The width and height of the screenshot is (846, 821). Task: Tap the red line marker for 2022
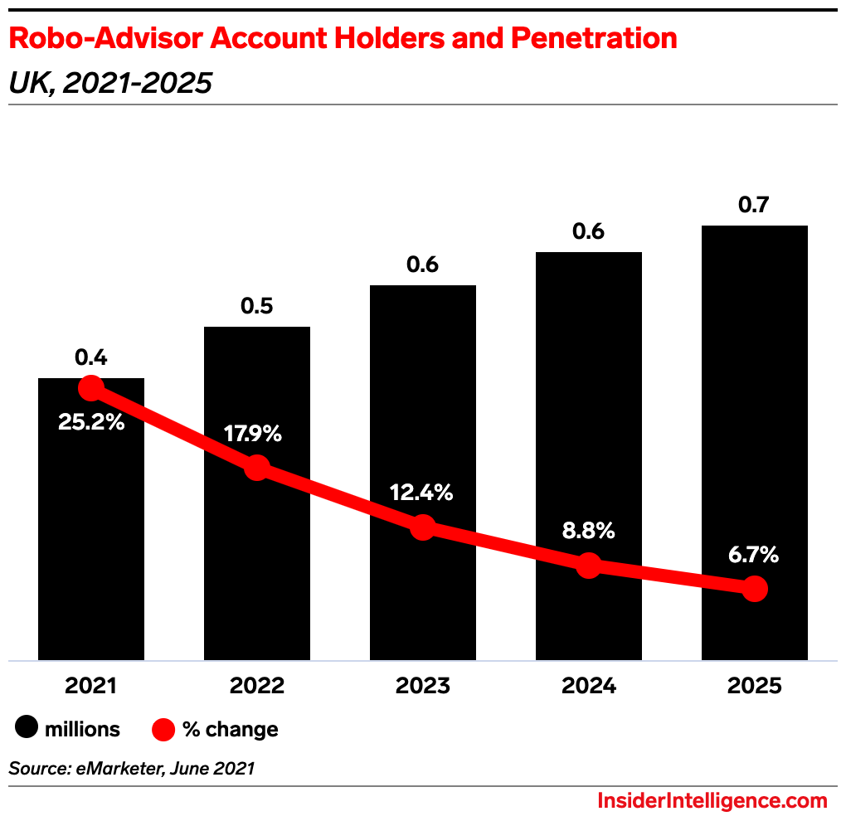pyautogui.click(x=257, y=467)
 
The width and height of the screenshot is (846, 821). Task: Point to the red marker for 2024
pyautogui.click(x=588, y=566)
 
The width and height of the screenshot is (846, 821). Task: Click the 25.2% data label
pyautogui.click(x=91, y=421)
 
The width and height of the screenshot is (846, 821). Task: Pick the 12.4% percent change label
pyautogui.click(x=422, y=493)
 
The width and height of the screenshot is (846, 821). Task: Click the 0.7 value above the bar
pyautogui.click(x=754, y=205)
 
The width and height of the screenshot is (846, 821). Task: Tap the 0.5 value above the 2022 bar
pyautogui.click(x=257, y=306)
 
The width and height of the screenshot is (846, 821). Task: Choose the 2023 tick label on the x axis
pyautogui.click(x=422, y=687)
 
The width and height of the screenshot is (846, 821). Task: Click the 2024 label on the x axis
pyautogui.click(x=588, y=687)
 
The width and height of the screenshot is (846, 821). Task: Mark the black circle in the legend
pyautogui.click(x=27, y=729)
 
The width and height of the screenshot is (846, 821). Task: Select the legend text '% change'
pyautogui.click(x=231, y=730)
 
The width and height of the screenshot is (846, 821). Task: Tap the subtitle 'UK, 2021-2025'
pyautogui.click(x=110, y=83)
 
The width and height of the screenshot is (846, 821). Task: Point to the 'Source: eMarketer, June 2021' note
pyautogui.click(x=131, y=769)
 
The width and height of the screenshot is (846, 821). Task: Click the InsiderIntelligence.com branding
pyautogui.click(x=712, y=801)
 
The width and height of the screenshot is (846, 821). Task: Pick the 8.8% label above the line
pyautogui.click(x=588, y=531)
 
